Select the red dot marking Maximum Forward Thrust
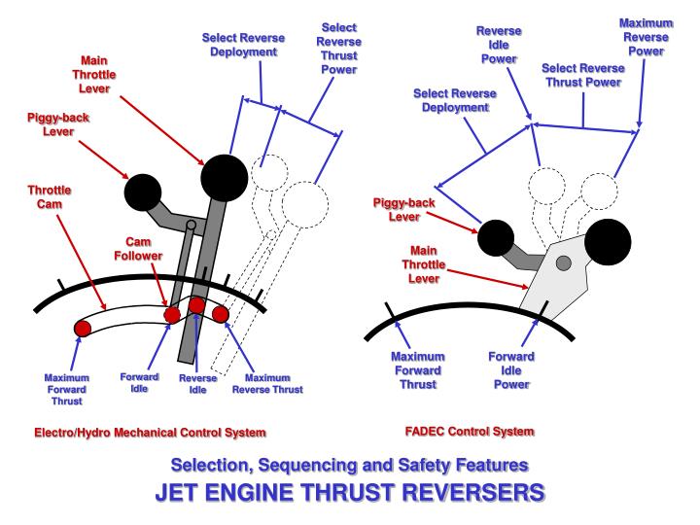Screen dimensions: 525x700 (x=83, y=328)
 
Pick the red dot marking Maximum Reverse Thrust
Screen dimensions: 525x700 (x=221, y=314)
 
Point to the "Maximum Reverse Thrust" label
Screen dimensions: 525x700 (x=267, y=383)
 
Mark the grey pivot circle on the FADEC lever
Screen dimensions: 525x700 (x=563, y=262)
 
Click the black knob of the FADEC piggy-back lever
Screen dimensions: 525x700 (x=494, y=236)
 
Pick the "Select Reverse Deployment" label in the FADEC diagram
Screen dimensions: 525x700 (x=455, y=100)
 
